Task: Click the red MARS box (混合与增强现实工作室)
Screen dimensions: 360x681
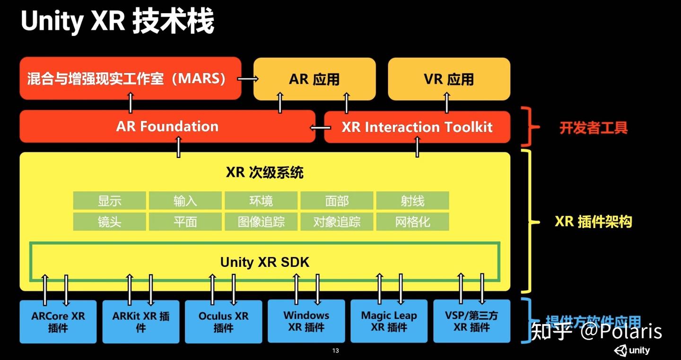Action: (130, 78)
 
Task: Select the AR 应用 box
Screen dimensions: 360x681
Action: (314, 79)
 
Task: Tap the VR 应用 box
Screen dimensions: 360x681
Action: (449, 79)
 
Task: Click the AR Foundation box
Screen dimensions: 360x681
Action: (167, 126)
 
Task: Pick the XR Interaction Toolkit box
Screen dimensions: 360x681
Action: (417, 127)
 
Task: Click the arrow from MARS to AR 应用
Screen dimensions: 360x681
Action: (247, 79)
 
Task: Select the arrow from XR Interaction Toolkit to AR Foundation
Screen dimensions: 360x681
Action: (320, 127)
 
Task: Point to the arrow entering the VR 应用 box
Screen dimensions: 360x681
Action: (446, 103)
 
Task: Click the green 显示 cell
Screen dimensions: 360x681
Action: (110, 201)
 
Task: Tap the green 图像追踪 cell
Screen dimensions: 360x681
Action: (261, 221)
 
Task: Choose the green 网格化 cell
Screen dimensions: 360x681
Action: (412, 221)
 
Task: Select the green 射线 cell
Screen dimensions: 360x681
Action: (412, 201)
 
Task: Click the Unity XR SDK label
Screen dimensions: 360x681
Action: (264, 262)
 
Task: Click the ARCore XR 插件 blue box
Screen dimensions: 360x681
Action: (58, 322)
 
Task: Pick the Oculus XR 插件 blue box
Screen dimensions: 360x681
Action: (223, 322)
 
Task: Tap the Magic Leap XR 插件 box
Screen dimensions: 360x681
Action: (389, 321)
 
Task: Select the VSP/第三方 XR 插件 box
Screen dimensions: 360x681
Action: (471, 321)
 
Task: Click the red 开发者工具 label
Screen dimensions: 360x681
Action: (594, 128)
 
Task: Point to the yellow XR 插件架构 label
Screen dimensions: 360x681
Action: (593, 221)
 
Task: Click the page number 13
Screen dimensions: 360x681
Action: (336, 351)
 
